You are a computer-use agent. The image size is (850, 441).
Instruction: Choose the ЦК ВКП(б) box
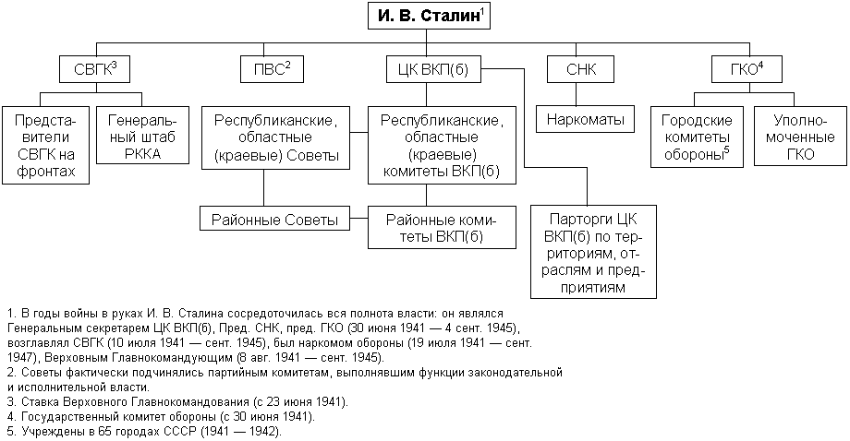429,69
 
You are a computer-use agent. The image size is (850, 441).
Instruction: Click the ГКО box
742,69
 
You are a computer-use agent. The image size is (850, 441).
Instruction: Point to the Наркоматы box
586,119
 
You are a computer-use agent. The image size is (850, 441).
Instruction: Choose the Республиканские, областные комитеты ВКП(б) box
440,145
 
